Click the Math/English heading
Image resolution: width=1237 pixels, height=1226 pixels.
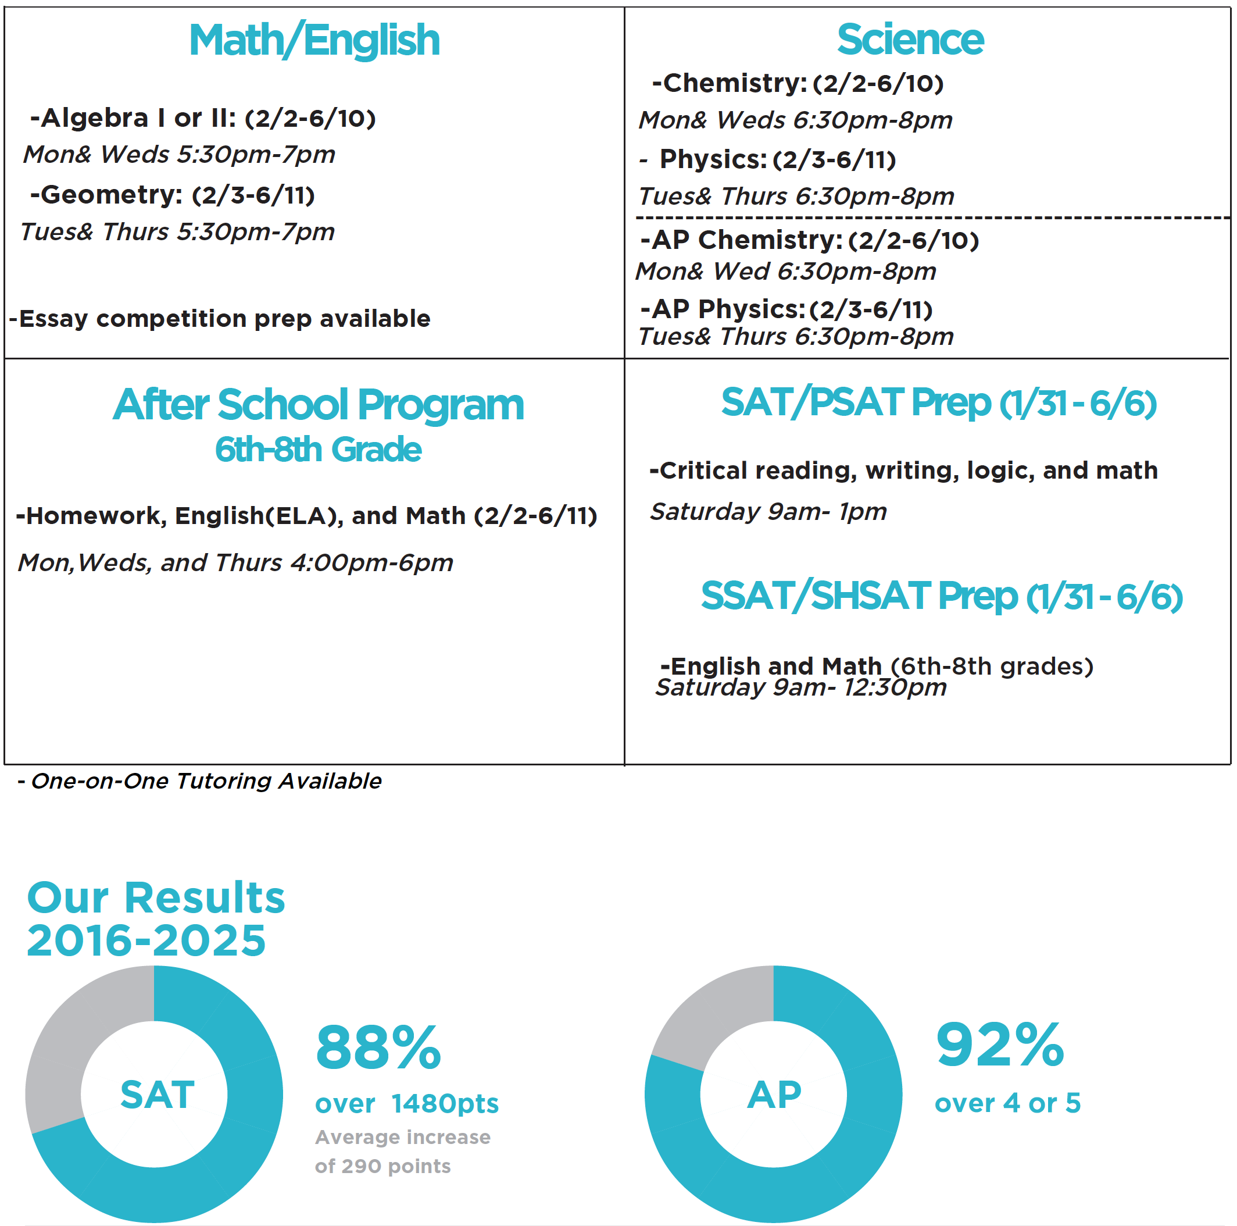(x=314, y=40)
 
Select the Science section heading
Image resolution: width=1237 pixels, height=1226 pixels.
(x=910, y=40)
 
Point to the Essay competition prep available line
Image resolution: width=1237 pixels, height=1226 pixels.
(x=220, y=318)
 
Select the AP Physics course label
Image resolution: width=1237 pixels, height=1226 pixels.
(x=728, y=309)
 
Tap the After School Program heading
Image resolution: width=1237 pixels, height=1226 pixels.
(x=318, y=405)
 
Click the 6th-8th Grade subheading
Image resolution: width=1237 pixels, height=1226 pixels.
(x=318, y=449)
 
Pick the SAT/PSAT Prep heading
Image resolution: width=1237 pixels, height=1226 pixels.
(x=939, y=403)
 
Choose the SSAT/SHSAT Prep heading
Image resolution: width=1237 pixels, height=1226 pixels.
(x=941, y=596)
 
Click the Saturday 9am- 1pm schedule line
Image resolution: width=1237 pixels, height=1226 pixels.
(x=768, y=512)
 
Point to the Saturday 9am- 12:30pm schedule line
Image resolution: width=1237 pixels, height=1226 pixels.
(x=800, y=688)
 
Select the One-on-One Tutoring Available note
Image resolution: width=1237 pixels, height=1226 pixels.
(x=201, y=781)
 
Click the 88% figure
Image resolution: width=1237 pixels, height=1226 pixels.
(x=378, y=1049)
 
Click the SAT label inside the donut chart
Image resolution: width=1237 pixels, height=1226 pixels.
(x=158, y=1095)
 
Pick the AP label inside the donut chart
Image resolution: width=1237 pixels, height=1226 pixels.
(x=774, y=1095)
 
